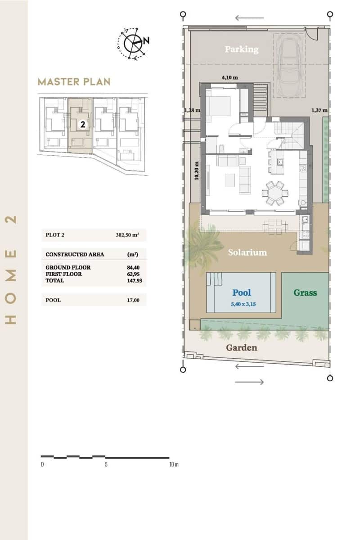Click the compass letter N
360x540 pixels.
(x=147, y=40)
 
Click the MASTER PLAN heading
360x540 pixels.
(x=74, y=82)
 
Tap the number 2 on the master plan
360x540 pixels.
(x=83, y=125)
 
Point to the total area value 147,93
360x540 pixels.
(x=133, y=280)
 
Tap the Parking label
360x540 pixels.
(x=242, y=49)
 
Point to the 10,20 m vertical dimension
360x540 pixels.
(x=196, y=171)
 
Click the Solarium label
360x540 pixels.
(x=247, y=252)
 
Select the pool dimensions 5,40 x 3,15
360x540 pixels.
(x=242, y=304)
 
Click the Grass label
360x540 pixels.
(x=305, y=292)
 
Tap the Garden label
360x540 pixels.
(x=242, y=347)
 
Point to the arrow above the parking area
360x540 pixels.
(x=249, y=18)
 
